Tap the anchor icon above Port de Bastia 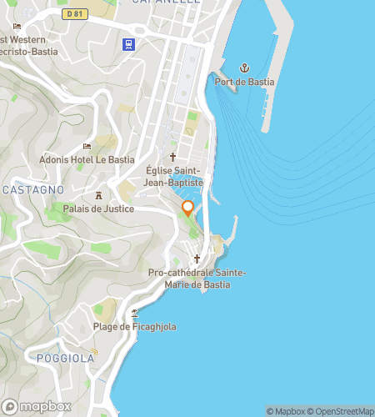(x=245, y=67)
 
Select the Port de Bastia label (x=244, y=82)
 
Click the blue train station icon (x=129, y=44)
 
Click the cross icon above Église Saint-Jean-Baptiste (x=173, y=156)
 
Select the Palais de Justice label (x=98, y=208)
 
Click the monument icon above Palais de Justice (x=98, y=194)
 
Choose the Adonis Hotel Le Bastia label (x=87, y=159)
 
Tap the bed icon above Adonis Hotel (x=87, y=146)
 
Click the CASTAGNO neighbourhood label (x=33, y=190)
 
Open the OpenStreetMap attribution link (x=341, y=410)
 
